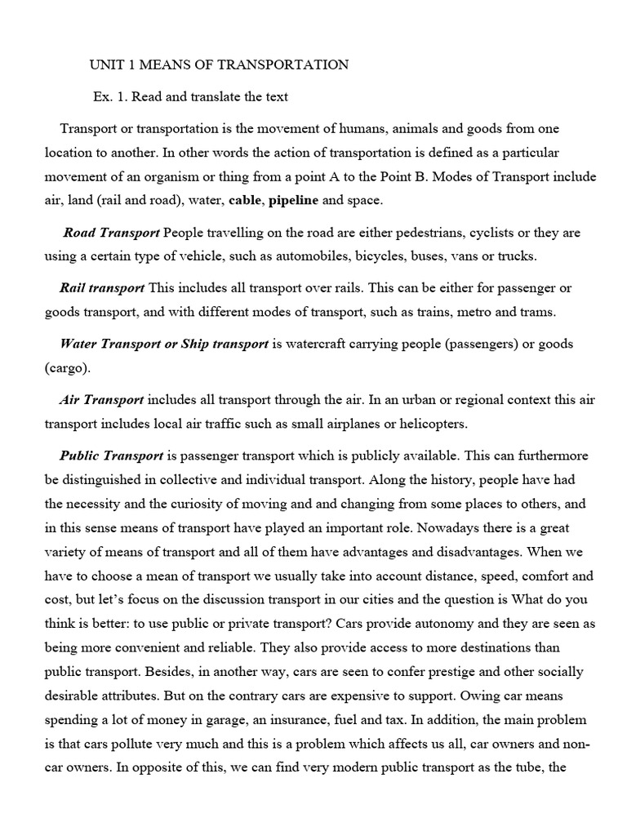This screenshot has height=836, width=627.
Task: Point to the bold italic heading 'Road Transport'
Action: (x=112, y=233)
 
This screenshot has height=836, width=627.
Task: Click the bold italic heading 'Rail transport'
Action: (x=102, y=288)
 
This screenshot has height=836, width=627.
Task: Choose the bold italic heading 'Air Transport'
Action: (x=102, y=400)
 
